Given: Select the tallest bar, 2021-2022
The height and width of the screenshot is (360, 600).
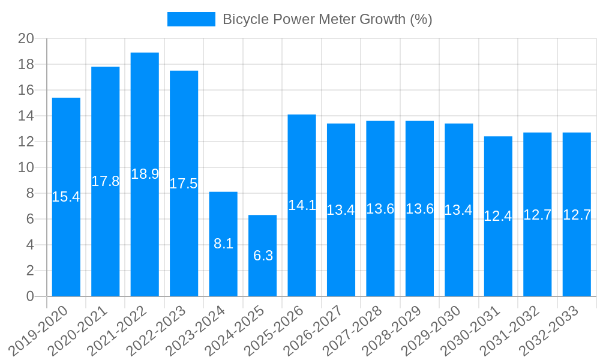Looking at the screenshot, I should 145,228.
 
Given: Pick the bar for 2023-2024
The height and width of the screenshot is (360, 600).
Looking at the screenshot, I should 223,270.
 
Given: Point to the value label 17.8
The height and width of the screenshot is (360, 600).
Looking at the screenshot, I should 106,181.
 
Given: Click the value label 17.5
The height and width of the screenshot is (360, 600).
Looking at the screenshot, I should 184,184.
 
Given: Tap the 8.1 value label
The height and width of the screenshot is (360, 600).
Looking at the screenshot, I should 223,244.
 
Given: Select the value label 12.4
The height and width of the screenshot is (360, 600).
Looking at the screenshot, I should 498,217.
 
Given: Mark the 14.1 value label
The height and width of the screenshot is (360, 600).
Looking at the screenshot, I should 302,205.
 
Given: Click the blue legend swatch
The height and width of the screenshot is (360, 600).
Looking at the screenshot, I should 191,19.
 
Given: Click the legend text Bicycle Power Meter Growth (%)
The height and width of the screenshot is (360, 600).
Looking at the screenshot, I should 327,19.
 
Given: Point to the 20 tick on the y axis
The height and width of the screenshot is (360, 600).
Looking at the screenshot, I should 26,39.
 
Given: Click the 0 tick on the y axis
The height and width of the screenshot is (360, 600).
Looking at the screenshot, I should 30,296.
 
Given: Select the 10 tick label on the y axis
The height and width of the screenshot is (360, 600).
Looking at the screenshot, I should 26,167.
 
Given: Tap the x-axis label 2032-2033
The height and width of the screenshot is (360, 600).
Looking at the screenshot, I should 552,329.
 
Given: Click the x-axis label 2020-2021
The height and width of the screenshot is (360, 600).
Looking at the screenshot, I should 80,329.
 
